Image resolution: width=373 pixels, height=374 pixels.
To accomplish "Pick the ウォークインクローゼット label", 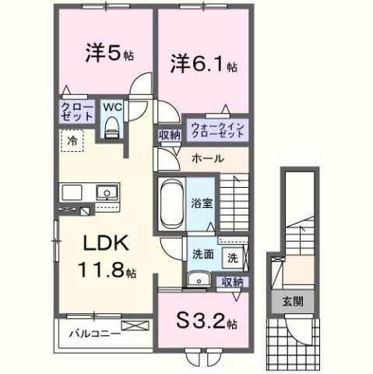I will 217,127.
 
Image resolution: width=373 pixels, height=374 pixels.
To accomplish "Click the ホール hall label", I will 207,158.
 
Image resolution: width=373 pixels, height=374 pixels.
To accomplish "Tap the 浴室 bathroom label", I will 202,201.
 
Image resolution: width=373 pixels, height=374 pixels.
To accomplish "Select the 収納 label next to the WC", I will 170,134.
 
